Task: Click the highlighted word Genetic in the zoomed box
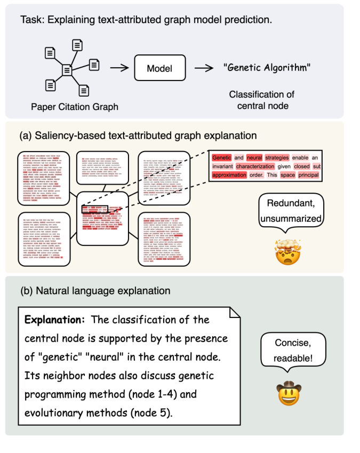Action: point(221,158)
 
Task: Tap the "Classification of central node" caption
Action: point(261,100)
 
